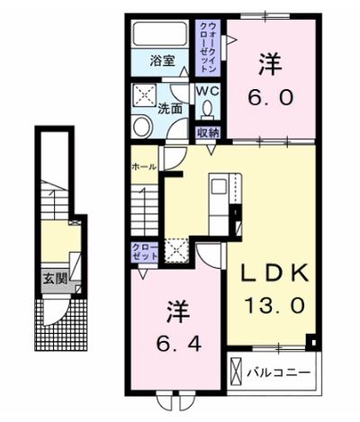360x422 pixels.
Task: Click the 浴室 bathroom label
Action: tap(163, 63)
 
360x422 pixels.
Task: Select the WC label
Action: tap(207, 91)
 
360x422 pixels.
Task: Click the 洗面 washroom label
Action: tap(171, 109)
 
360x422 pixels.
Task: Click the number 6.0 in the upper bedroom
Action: tap(269, 95)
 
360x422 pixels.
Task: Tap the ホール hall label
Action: tap(144, 166)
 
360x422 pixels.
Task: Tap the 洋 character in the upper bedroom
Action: tap(268, 63)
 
